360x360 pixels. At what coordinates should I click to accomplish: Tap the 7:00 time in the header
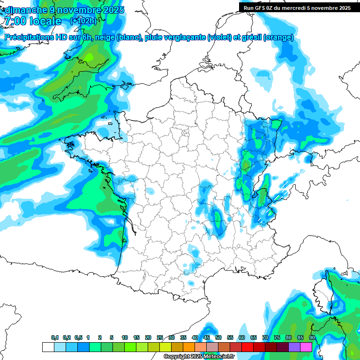tap(14, 22)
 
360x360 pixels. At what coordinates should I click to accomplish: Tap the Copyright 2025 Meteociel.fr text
tap(199, 357)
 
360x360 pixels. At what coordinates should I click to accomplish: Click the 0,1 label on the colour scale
tap(55, 338)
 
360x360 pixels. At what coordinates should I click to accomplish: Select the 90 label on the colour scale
tap(312, 338)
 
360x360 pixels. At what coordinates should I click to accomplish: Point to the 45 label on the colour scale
tap(207, 338)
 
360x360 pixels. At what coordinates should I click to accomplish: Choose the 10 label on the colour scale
tap(125, 338)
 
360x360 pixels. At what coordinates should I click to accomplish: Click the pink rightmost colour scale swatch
tap(306, 347)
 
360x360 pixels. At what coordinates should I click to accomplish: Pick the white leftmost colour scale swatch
tap(48, 347)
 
